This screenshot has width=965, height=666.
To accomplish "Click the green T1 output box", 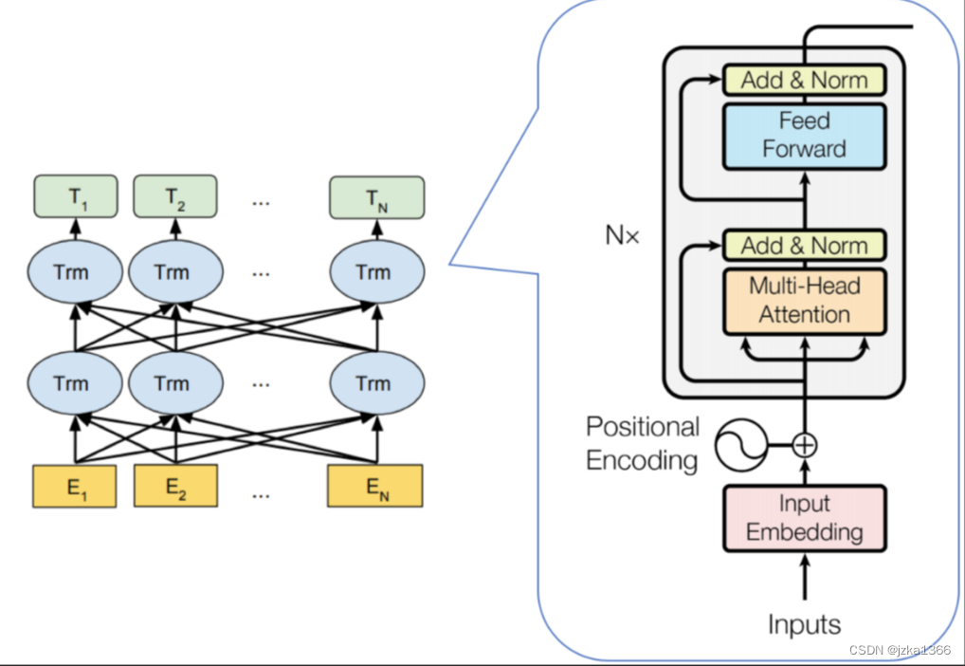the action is [76, 196].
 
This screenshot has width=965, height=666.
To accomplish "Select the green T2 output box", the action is [175, 196].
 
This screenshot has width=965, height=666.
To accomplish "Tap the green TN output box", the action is [376, 197].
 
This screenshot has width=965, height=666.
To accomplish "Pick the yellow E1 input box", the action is [75, 487].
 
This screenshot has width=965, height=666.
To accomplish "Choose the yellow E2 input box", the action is [175, 486].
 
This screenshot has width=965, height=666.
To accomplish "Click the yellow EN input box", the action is [374, 486].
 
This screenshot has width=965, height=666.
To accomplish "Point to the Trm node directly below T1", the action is [75, 271].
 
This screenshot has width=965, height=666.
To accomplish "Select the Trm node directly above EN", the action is [376, 383].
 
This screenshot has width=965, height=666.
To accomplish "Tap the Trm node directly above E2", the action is [175, 383].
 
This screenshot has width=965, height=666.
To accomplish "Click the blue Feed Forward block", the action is [805, 137].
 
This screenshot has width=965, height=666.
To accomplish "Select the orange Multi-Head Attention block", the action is [805, 302].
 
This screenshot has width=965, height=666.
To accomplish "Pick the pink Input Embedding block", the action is [805, 518].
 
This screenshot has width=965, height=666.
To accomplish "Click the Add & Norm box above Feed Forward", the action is [805, 80].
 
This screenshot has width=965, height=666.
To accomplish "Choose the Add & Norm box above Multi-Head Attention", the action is [805, 245].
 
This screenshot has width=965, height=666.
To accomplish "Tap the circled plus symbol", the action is [805, 445].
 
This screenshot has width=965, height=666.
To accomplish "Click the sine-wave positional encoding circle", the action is [741, 445].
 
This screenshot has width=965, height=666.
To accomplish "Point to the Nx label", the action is [622, 235].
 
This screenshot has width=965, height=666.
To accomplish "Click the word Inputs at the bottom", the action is [805, 624].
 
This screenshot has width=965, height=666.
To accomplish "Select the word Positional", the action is [643, 426].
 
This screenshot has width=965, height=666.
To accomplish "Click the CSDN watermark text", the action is [900, 650].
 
